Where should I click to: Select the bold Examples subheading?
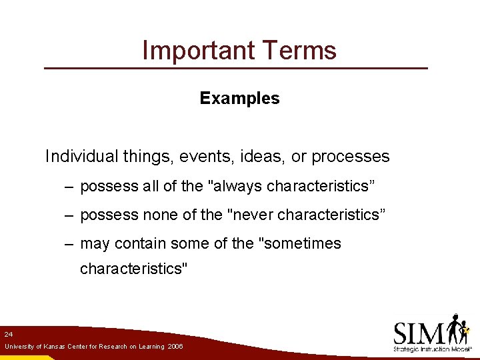click(239, 99)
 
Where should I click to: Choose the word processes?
click(351, 157)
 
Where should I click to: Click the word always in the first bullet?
click(237, 187)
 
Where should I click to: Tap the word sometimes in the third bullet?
click(301, 244)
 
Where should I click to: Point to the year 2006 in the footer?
click(175, 347)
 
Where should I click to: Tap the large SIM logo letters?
click(420, 332)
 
